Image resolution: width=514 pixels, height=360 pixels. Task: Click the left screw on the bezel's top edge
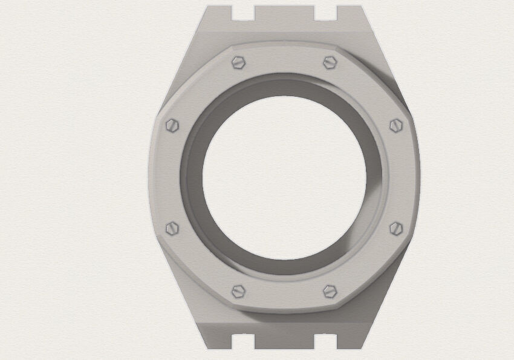[239, 62]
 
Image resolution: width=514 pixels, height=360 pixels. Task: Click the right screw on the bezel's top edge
[330, 62]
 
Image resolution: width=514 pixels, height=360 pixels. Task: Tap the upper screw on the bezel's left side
[173, 125]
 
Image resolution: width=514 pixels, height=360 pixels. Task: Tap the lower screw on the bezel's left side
[173, 228]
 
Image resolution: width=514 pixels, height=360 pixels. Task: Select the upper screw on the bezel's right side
[395, 125]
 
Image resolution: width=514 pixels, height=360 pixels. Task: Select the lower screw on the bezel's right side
[395, 228]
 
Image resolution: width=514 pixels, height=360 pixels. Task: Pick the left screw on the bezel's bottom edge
[239, 291]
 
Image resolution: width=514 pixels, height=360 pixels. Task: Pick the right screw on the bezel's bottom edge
[330, 291]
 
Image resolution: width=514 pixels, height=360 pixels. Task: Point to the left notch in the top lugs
[242, 12]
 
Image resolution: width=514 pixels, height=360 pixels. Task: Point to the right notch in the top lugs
[326, 12]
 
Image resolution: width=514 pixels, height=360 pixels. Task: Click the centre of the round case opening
[284, 176]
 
